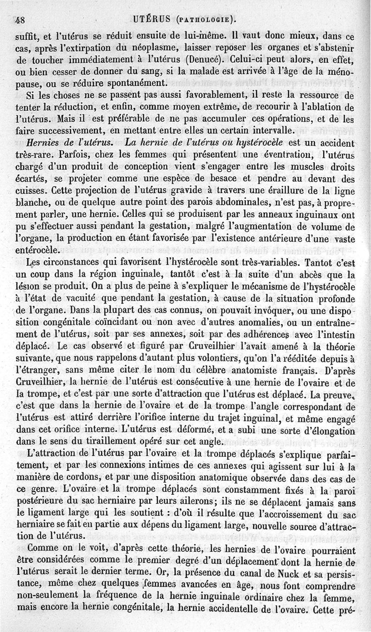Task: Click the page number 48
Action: (x=19, y=20)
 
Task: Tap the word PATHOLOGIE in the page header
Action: (x=204, y=19)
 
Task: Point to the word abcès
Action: (x=301, y=276)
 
